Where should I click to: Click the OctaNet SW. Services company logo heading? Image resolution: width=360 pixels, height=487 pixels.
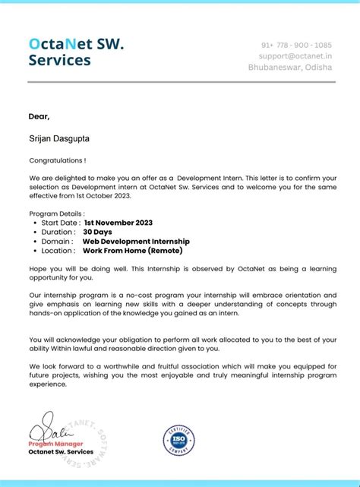click(x=76, y=52)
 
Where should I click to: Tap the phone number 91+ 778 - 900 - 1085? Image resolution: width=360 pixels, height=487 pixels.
click(x=296, y=45)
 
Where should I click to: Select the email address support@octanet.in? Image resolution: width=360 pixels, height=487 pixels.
click(x=295, y=55)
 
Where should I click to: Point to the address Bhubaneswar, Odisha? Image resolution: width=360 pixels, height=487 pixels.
click(x=289, y=67)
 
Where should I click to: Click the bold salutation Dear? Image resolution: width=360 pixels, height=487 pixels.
click(x=39, y=116)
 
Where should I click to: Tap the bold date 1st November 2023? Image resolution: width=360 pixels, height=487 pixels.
click(x=118, y=223)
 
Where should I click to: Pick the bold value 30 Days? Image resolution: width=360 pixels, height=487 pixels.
click(x=97, y=232)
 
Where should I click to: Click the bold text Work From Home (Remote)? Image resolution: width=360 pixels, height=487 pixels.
click(x=131, y=250)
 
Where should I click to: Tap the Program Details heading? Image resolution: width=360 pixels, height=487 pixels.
click(x=57, y=213)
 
